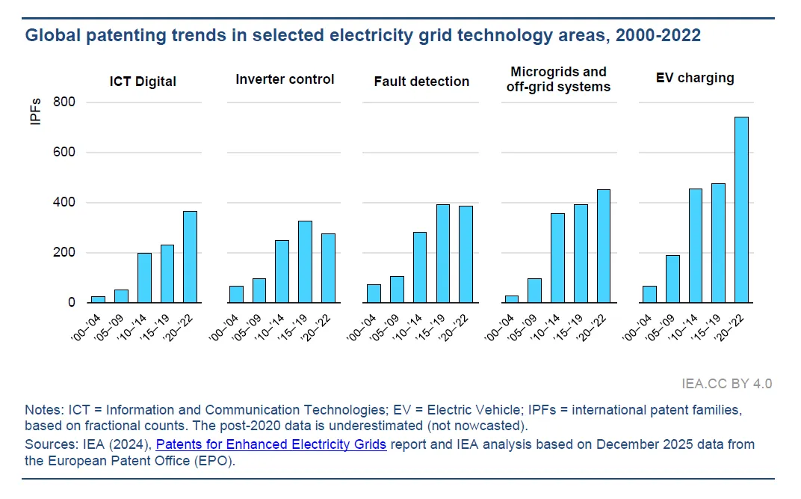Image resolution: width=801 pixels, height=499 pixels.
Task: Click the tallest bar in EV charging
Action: click(x=742, y=209)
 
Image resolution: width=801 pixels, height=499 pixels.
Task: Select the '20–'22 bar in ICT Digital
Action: click(x=191, y=257)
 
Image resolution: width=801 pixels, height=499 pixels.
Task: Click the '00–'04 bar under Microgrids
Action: click(x=512, y=299)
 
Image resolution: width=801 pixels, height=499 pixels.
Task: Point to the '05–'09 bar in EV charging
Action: click(x=672, y=279)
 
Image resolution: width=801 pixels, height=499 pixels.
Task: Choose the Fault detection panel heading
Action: click(x=421, y=82)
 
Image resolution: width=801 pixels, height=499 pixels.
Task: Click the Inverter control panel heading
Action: click(x=285, y=79)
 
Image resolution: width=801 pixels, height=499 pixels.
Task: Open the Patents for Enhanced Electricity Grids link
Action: click(x=271, y=444)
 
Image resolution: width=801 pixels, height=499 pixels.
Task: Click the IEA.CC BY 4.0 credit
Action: click(x=727, y=384)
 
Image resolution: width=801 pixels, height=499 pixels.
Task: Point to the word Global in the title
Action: click(x=49, y=35)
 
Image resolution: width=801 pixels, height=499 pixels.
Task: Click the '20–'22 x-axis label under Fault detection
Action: click(x=457, y=325)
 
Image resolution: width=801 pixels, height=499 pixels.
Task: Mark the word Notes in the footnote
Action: click(x=42, y=410)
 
